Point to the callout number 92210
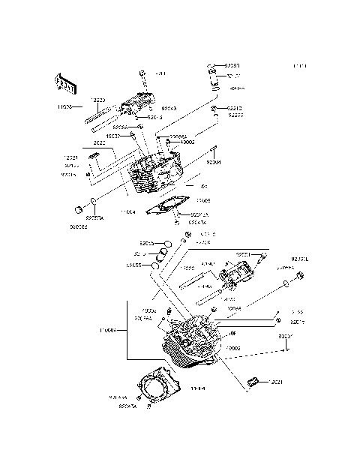pyautogui.click(x=235, y=108)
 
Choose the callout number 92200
pyautogui.click(x=235, y=115)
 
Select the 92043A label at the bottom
pyautogui.click(x=130, y=406)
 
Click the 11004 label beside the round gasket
pyautogui.click(x=198, y=388)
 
